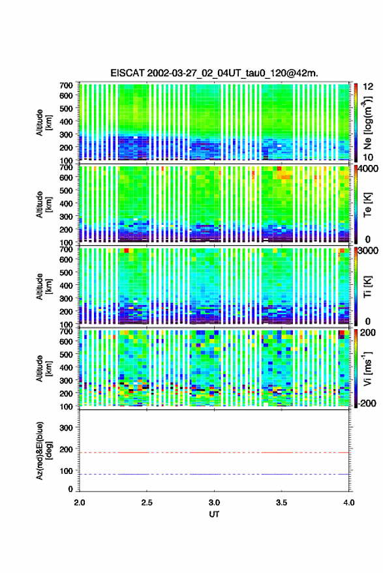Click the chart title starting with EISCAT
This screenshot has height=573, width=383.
tap(215, 73)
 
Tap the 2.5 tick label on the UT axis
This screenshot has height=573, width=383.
tap(147, 503)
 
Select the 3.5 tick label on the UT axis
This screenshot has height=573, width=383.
tap(281, 503)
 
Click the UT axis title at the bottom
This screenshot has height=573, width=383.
tap(214, 514)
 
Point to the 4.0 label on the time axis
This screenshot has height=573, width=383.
tap(348, 503)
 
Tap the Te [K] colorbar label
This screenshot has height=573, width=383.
tap(367, 205)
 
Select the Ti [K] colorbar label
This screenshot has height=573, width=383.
tap(367, 287)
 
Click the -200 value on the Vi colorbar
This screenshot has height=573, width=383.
tap(367, 404)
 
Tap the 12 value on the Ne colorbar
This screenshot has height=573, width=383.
tap(368, 87)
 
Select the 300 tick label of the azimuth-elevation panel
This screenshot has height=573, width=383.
tap(66, 428)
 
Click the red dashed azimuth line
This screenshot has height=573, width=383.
tap(214, 452)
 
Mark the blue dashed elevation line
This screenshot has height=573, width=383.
tap(214, 474)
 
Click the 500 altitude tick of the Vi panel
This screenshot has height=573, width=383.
tap(66, 354)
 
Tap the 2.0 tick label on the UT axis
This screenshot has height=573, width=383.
tap(80, 503)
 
